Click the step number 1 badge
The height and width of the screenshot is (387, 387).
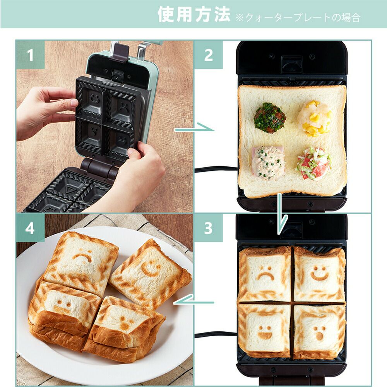[x=30, y=55]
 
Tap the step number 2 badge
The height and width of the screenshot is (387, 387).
[x=209, y=55]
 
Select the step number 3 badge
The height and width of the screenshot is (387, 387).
[x=209, y=228]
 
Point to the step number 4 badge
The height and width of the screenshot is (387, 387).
[x=30, y=228]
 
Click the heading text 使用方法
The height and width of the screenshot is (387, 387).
[x=194, y=14]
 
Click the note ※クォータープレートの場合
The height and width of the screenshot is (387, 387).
[x=298, y=17]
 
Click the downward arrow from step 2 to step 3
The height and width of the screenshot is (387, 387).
[x=281, y=214]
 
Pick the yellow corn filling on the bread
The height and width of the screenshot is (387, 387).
[x=314, y=118]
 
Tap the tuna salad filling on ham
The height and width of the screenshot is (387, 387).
[x=268, y=162]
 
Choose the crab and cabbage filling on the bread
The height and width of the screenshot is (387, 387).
[x=313, y=163]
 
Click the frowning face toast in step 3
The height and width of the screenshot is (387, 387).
[x=265, y=274]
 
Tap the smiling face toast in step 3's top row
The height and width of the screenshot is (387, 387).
[x=319, y=274]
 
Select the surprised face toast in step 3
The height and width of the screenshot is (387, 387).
[x=319, y=332]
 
